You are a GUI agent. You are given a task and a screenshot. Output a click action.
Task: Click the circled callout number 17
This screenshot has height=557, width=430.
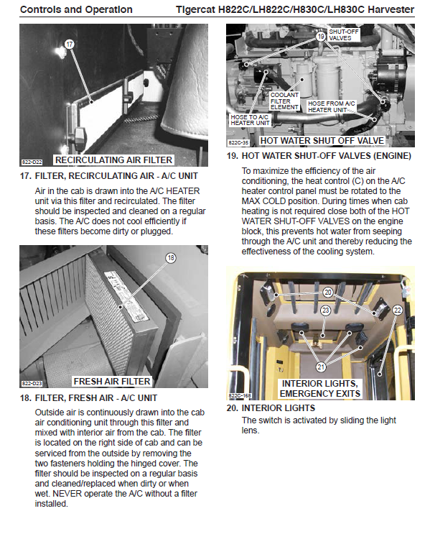[x=69, y=45]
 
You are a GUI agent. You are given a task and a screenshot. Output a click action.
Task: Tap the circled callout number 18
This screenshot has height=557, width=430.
[x=171, y=257]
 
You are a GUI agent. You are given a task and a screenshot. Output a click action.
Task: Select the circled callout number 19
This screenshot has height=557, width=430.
[x=321, y=36]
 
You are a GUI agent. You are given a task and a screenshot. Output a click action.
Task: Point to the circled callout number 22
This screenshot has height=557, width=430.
[x=398, y=310]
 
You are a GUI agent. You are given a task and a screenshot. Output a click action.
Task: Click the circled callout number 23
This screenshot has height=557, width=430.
[x=325, y=310]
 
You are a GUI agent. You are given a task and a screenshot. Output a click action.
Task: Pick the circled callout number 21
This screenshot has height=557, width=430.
[x=321, y=367]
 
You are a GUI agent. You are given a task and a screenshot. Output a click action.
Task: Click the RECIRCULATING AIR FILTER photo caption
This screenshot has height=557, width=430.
[x=113, y=160]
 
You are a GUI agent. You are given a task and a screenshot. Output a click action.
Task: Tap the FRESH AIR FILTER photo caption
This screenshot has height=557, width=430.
[x=112, y=382]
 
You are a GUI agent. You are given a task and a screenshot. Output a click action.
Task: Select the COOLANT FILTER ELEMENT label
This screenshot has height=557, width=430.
[x=284, y=101]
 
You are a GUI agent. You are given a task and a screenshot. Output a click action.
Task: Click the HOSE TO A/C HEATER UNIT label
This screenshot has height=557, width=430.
[x=250, y=120]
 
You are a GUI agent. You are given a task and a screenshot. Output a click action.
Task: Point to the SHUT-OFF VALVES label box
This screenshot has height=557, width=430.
[x=343, y=34]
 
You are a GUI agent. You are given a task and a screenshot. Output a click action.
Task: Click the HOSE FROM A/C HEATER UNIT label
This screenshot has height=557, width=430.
[x=331, y=106]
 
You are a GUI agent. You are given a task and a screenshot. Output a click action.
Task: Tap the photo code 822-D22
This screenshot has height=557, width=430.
[x=32, y=162]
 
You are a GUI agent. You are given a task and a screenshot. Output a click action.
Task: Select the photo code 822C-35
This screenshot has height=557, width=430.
[x=239, y=142]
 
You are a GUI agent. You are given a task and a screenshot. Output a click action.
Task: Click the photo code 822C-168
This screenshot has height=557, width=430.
[x=240, y=395]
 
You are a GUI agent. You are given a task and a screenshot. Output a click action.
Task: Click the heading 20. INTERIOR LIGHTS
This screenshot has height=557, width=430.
[x=271, y=408]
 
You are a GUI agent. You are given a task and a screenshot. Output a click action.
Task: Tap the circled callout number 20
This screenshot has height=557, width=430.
[x=327, y=293]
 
